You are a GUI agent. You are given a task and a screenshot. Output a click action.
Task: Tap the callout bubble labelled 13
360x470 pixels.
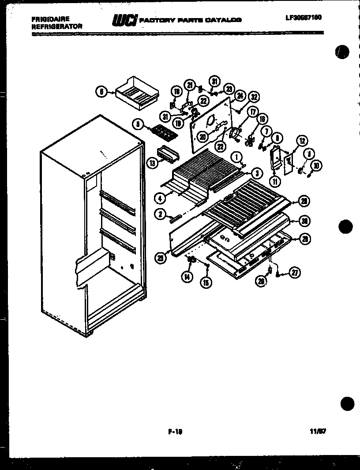pos(153,163)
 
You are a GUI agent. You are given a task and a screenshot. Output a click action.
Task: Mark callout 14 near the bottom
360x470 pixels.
pos(187,276)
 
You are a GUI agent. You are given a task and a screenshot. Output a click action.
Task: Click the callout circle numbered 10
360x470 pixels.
pos(316,165)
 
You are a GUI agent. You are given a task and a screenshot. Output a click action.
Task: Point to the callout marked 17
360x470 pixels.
pos(252,112)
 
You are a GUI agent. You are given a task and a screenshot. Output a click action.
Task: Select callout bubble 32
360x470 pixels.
pos(253,97)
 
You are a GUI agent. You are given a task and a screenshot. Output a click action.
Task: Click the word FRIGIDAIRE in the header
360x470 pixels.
pos(50,19)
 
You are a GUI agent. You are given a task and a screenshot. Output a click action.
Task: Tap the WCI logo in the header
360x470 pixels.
pos(125,20)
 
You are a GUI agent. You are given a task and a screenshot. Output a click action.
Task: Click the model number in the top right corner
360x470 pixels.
pos(304,18)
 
